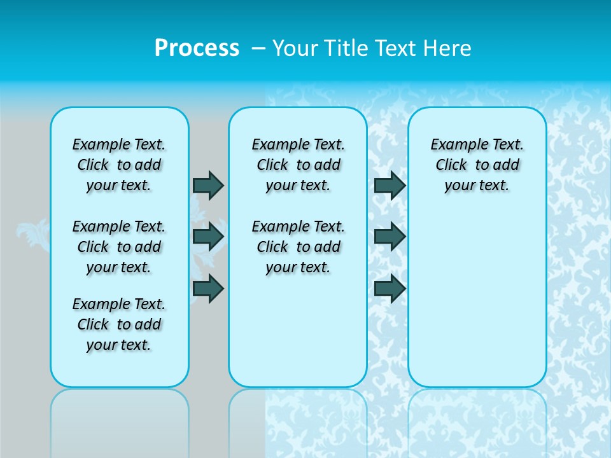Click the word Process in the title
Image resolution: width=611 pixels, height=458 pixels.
pyautogui.click(x=197, y=48)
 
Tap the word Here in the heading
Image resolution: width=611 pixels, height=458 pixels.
pyautogui.click(x=449, y=48)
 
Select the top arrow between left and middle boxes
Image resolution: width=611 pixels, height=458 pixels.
pyautogui.click(x=208, y=185)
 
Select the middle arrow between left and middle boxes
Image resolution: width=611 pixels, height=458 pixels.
pyautogui.click(x=208, y=237)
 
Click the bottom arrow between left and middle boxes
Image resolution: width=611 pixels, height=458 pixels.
pyautogui.click(x=208, y=288)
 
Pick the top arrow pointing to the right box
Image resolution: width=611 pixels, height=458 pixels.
pyautogui.click(x=390, y=185)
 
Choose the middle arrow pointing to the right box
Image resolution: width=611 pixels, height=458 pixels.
pyautogui.click(x=390, y=237)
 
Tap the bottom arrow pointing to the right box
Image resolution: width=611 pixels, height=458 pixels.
pyautogui.click(x=390, y=288)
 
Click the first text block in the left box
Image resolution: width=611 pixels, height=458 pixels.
pyautogui.click(x=119, y=165)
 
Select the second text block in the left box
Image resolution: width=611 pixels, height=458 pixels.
pyautogui.click(x=119, y=247)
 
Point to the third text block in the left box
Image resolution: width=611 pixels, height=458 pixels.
pyautogui.click(x=119, y=324)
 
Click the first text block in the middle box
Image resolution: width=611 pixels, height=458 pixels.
pyautogui.click(x=298, y=165)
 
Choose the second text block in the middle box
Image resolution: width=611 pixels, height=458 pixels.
pyautogui.click(x=298, y=247)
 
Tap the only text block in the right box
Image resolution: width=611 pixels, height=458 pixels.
pyautogui.click(x=477, y=165)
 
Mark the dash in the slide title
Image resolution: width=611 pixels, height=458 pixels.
pyautogui.click(x=258, y=48)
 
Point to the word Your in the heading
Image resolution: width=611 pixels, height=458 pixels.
pyautogui.click(x=297, y=48)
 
